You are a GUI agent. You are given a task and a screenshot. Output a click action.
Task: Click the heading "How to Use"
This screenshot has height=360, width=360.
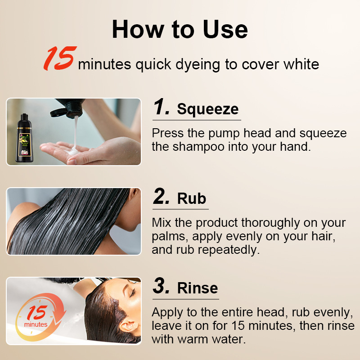click(x=180, y=29)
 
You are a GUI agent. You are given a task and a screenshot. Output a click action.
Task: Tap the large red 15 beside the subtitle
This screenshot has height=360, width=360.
click(x=60, y=58)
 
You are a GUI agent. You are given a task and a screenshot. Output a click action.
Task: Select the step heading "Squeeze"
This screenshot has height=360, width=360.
click(x=207, y=109)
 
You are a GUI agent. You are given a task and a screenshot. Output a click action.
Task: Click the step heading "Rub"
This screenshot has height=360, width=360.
click(x=192, y=198)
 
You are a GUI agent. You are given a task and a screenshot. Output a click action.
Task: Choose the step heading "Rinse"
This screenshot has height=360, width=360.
click(x=198, y=288)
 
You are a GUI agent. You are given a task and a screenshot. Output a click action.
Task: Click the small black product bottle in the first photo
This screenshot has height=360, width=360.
click(x=24, y=138)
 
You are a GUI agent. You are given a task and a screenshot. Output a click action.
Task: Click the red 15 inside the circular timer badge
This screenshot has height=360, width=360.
click(x=37, y=312)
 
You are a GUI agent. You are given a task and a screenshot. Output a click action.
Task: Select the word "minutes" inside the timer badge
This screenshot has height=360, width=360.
click(x=36, y=324)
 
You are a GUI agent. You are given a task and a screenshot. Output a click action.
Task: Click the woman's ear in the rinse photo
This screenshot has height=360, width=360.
click(x=129, y=326)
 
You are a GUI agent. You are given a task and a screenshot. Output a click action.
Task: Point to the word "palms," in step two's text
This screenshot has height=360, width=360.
click(x=170, y=237)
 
